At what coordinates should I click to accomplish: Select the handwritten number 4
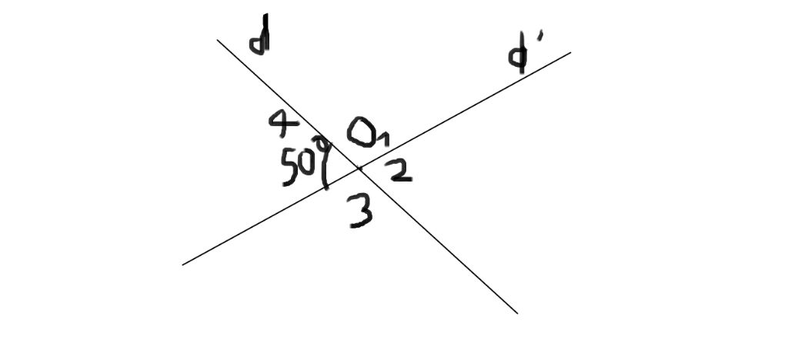283,120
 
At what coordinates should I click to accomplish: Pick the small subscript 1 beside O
384,139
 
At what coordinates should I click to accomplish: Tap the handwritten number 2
399,171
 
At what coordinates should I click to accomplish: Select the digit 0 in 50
307,164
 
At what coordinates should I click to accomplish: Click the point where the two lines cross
359,168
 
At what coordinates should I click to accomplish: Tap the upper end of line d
218,40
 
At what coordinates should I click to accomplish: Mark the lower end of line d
516,312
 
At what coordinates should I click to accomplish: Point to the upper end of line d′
569,53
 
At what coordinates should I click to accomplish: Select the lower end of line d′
183,264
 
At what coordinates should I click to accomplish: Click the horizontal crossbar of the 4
284,122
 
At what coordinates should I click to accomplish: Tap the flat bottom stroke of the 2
402,179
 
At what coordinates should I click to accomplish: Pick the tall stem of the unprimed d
265,34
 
